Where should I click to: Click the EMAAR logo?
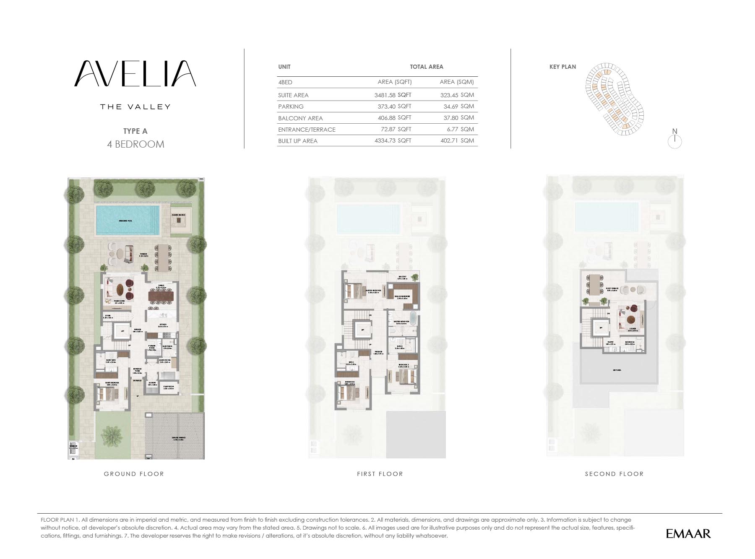[x=688, y=533]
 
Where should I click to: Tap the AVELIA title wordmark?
[x=135, y=74]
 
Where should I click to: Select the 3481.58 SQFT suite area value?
[x=393, y=95]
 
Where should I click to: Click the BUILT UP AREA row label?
[x=298, y=141]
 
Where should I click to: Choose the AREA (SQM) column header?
[x=457, y=82]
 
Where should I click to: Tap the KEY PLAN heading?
[x=562, y=67]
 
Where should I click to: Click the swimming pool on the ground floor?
[x=128, y=220]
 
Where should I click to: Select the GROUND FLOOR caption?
[x=134, y=474]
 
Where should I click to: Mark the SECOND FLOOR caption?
[x=614, y=474]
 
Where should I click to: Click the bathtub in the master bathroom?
[x=413, y=318]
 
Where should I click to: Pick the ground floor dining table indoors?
[x=161, y=296]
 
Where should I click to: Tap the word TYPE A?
[x=135, y=131]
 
